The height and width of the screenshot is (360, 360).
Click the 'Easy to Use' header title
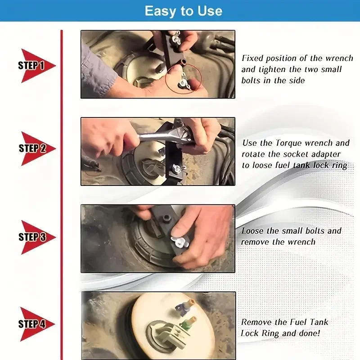pos(184,11)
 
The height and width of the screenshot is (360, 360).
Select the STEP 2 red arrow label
pos(38,148)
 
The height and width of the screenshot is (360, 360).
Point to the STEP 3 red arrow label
pos(38,237)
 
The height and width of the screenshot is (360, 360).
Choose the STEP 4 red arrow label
pos(37,324)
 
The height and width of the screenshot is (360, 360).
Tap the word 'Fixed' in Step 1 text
pos(252,58)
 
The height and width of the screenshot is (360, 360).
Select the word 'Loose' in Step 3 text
pos(252,231)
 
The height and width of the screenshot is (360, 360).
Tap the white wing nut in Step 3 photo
pos(179,243)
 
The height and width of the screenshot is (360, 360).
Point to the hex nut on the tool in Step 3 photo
pos(166,218)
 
